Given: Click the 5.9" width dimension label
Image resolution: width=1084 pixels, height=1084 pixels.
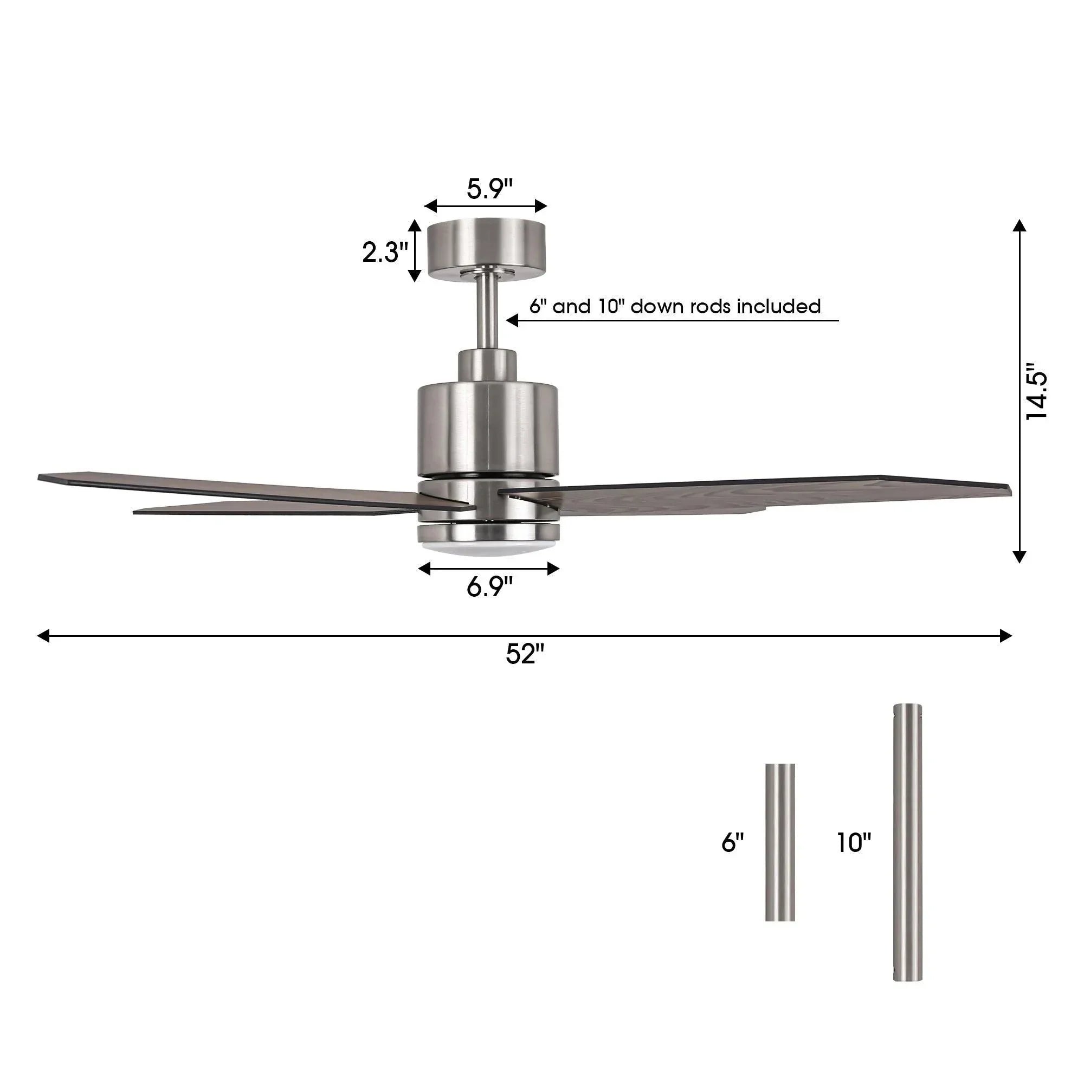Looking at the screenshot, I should point(489,189).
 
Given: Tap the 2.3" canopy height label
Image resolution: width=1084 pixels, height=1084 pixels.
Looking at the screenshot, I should point(384,253).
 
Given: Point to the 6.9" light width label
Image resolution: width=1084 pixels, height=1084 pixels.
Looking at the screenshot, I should point(489,588).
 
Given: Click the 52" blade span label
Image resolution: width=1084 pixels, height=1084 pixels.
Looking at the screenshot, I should point(525,654).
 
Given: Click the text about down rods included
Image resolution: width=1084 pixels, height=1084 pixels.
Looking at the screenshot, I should point(674,307).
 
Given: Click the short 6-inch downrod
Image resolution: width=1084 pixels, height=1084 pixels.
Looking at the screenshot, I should point(780,842).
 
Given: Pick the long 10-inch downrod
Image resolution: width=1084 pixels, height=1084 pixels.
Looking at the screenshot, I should point(907,842).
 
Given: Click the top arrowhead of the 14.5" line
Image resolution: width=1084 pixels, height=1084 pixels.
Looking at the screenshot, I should point(1020,225).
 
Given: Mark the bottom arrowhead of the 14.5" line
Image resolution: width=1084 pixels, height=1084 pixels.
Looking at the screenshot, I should point(1020,557).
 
